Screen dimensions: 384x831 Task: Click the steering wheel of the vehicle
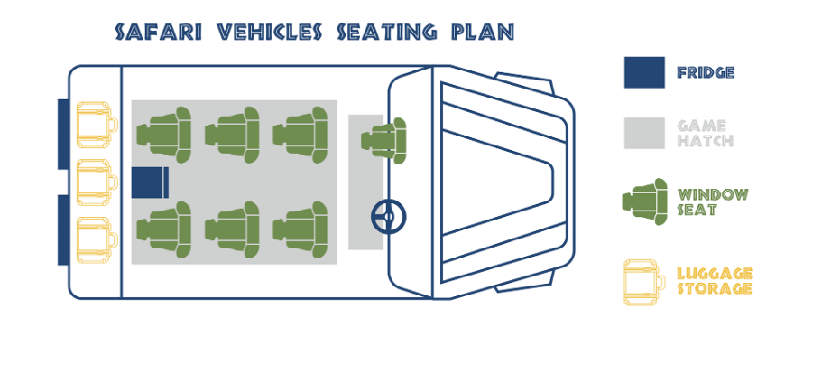click(389, 216)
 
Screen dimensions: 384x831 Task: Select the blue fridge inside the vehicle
click(150, 182)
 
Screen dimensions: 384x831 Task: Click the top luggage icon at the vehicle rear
click(97, 125)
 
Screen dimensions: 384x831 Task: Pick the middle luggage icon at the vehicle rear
click(97, 181)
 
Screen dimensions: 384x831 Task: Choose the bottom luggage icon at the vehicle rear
click(97, 238)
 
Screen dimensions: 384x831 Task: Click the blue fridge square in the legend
click(644, 72)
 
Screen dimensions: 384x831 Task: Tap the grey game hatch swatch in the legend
click(644, 134)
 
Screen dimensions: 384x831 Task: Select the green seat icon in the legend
click(644, 201)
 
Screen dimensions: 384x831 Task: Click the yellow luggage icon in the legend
click(643, 282)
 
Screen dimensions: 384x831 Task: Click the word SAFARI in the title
click(159, 33)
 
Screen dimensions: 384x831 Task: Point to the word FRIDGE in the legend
click(706, 73)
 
